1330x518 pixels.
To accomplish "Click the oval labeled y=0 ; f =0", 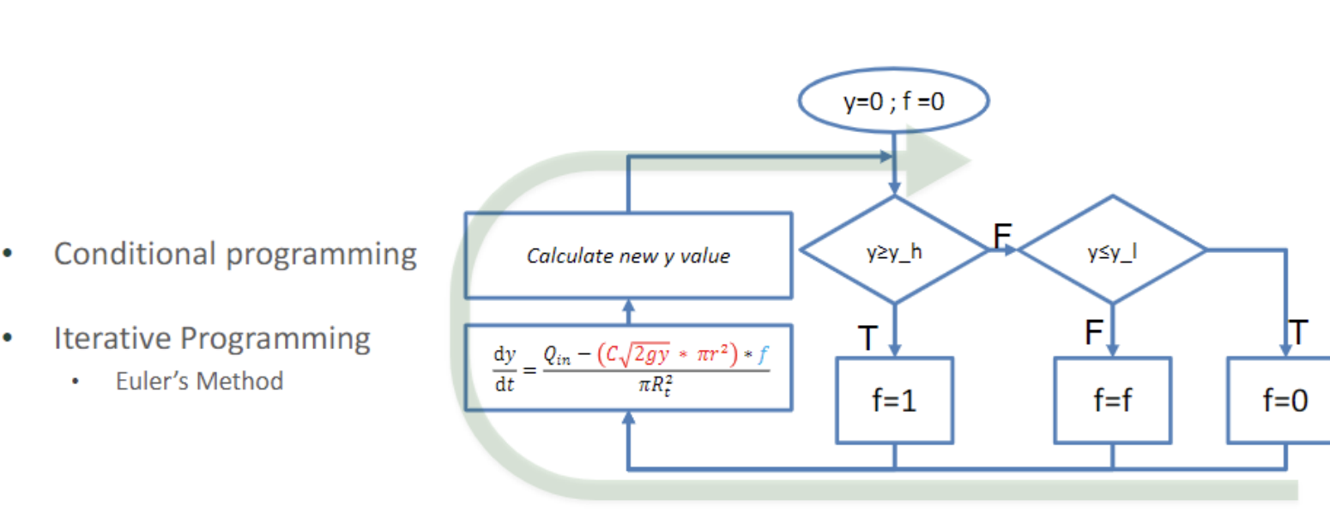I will [893, 101].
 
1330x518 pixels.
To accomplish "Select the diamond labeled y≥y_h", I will [894, 250].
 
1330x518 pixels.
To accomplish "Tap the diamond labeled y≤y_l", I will [1112, 250].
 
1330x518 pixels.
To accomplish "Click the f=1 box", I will [894, 401].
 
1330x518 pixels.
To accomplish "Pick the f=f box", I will [1112, 401].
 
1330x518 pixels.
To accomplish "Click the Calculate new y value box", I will [628, 256].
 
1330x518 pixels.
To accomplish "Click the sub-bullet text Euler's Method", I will [199, 380].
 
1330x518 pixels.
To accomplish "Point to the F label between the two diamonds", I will [1002, 233].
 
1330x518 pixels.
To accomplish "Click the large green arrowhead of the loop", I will [944, 162].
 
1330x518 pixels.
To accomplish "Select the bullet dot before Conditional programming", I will [8, 255].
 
